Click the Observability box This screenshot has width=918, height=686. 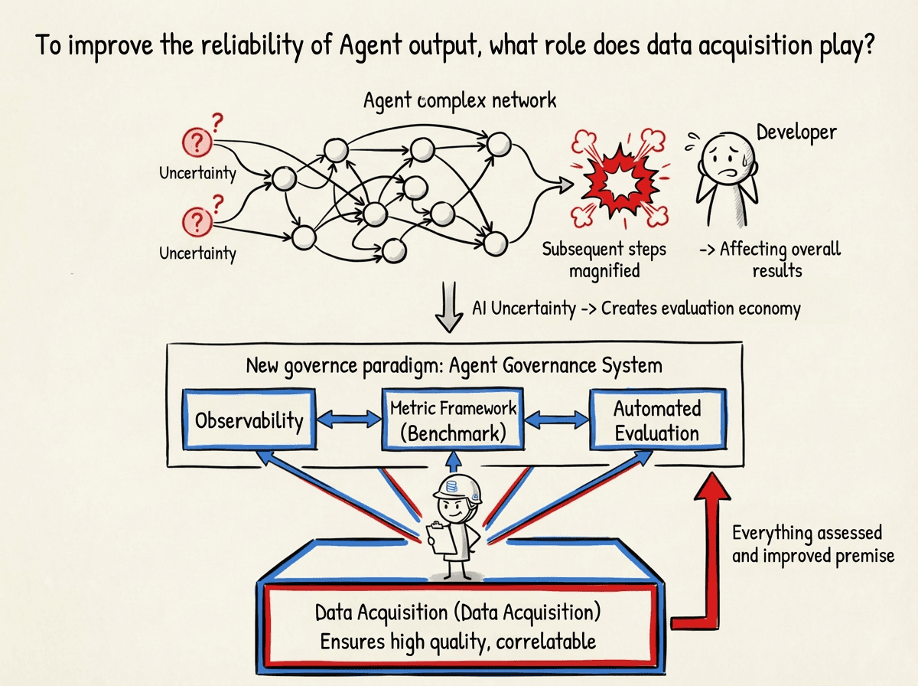pos(249,419)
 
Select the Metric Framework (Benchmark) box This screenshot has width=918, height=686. pos(453,420)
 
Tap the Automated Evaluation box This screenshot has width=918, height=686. pos(656,420)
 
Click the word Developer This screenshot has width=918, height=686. pos(796,132)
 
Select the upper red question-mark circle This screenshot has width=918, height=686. pos(197,142)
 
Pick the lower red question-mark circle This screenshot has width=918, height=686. pos(197,222)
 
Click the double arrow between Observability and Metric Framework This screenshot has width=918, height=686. pos(348,419)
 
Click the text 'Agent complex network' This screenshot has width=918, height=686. pos(460,100)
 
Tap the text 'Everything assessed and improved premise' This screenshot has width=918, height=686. pos(812,544)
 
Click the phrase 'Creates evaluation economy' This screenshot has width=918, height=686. pos(701,309)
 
